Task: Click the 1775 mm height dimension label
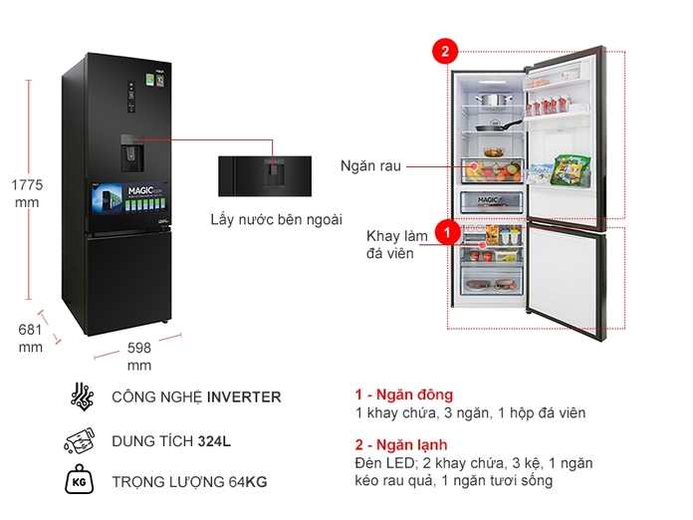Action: [x=28, y=192]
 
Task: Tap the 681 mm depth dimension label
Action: [x=30, y=339]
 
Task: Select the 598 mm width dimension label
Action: [x=139, y=357]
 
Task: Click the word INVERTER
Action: [x=244, y=397]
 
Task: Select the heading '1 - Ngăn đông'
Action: [x=403, y=394]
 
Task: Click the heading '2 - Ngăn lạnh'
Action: [x=400, y=444]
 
